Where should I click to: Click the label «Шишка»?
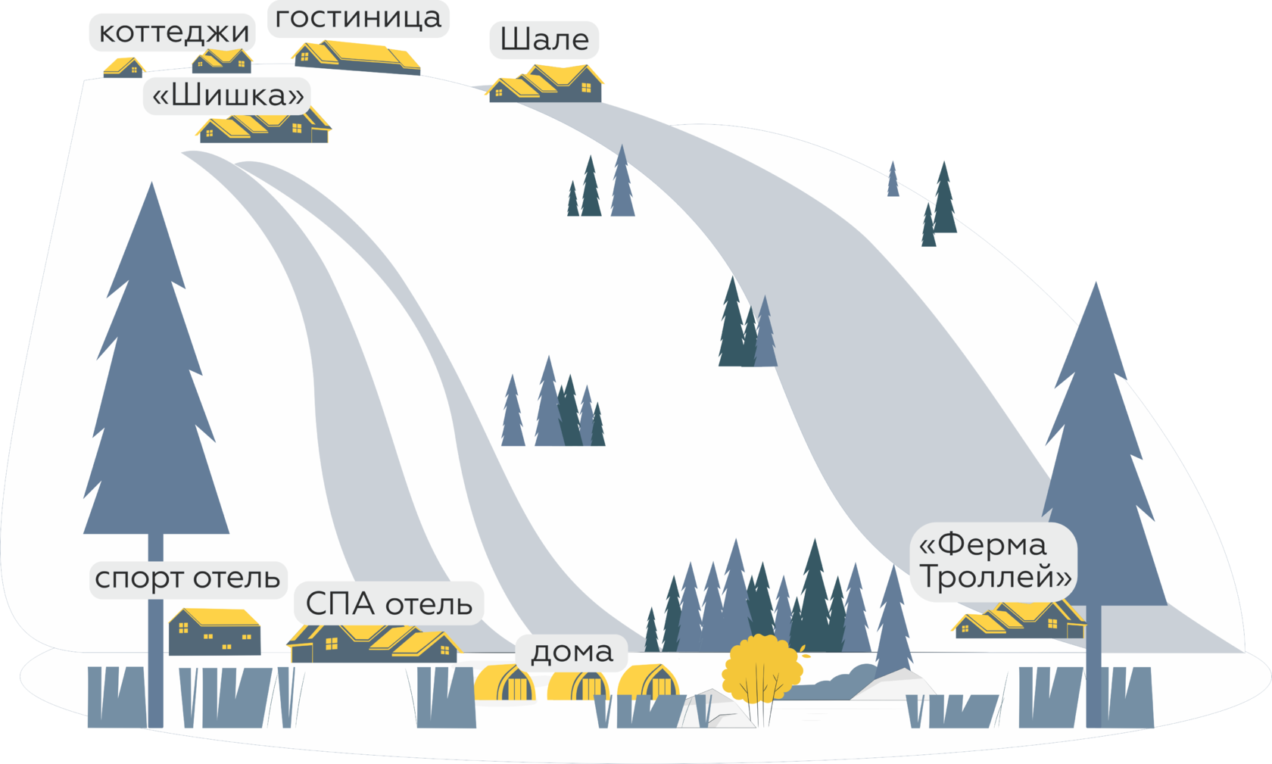(x=227, y=95)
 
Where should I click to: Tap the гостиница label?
(x=358, y=18)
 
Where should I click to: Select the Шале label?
(x=544, y=40)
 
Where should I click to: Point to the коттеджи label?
(x=173, y=33)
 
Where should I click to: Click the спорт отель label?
(x=188, y=578)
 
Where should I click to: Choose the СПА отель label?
(x=389, y=603)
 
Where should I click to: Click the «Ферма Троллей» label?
(x=994, y=561)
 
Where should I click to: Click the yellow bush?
(x=762, y=667)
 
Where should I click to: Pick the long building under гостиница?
(x=357, y=58)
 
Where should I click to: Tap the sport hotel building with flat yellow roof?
(x=215, y=631)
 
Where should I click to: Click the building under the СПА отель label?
(x=374, y=644)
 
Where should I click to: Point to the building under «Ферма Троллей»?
(x=1020, y=620)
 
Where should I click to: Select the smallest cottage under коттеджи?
(x=124, y=67)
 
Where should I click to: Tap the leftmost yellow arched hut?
(x=505, y=682)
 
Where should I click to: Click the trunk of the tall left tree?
(x=155, y=631)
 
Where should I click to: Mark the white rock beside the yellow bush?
(x=716, y=710)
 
